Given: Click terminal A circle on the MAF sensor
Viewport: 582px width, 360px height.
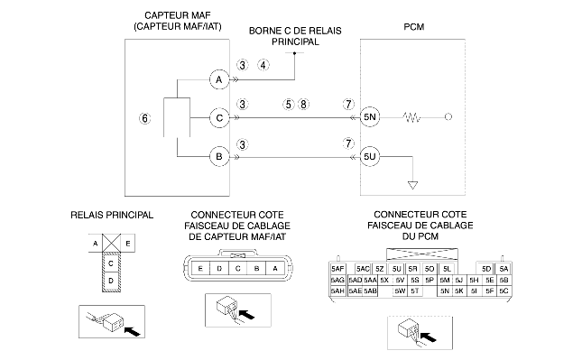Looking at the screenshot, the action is pyautogui.click(x=219, y=79).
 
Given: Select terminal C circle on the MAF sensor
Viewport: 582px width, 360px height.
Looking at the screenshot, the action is pyautogui.click(x=219, y=118).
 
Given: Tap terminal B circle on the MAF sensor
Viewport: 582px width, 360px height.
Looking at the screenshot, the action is pyautogui.click(x=219, y=157).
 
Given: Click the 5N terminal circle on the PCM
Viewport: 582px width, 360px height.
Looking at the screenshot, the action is pyautogui.click(x=370, y=117).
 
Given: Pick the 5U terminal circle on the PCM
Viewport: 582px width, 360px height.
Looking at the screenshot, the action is pyautogui.click(x=370, y=157).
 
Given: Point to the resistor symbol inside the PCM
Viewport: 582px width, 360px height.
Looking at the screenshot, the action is pyautogui.click(x=411, y=117).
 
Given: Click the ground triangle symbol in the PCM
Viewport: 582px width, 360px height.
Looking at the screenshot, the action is pyautogui.click(x=412, y=185).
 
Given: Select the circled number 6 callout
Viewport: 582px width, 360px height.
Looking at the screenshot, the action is pyautogui.click(x=144, y=118).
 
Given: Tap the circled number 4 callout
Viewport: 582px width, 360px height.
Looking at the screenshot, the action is pyautogui.click(x=263, y=65).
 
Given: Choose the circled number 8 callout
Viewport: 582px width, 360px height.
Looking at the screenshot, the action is pyautogui.click(x=303, y=105).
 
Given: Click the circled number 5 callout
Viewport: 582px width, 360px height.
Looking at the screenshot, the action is pyautogui.click(x=289, y=105).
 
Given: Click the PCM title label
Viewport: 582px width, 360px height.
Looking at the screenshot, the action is pyautogui.click(x=414, y=27).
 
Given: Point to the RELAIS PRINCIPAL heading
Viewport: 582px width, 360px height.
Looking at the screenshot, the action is pyautogui.click(x=112, y=216).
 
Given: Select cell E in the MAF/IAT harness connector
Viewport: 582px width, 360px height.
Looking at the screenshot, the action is pyautogui.click(x=200, y=268).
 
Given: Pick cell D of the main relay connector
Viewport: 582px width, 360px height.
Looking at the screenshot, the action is pyautogui.click(x=111, y=281).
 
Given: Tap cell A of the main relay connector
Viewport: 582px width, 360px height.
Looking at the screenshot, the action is pyautogui.click(x=96, y=244).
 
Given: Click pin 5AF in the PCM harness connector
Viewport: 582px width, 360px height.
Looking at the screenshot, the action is pyautogui.click(x=337, y=269).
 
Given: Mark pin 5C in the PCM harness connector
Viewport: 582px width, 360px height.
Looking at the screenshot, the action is pyautogui.click(x=503, y=291).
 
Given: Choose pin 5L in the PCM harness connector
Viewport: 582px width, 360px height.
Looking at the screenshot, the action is pyautogui.click(x=447, y=269).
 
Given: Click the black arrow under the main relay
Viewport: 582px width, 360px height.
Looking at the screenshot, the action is pyautogui.click(x=133, y=331).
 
